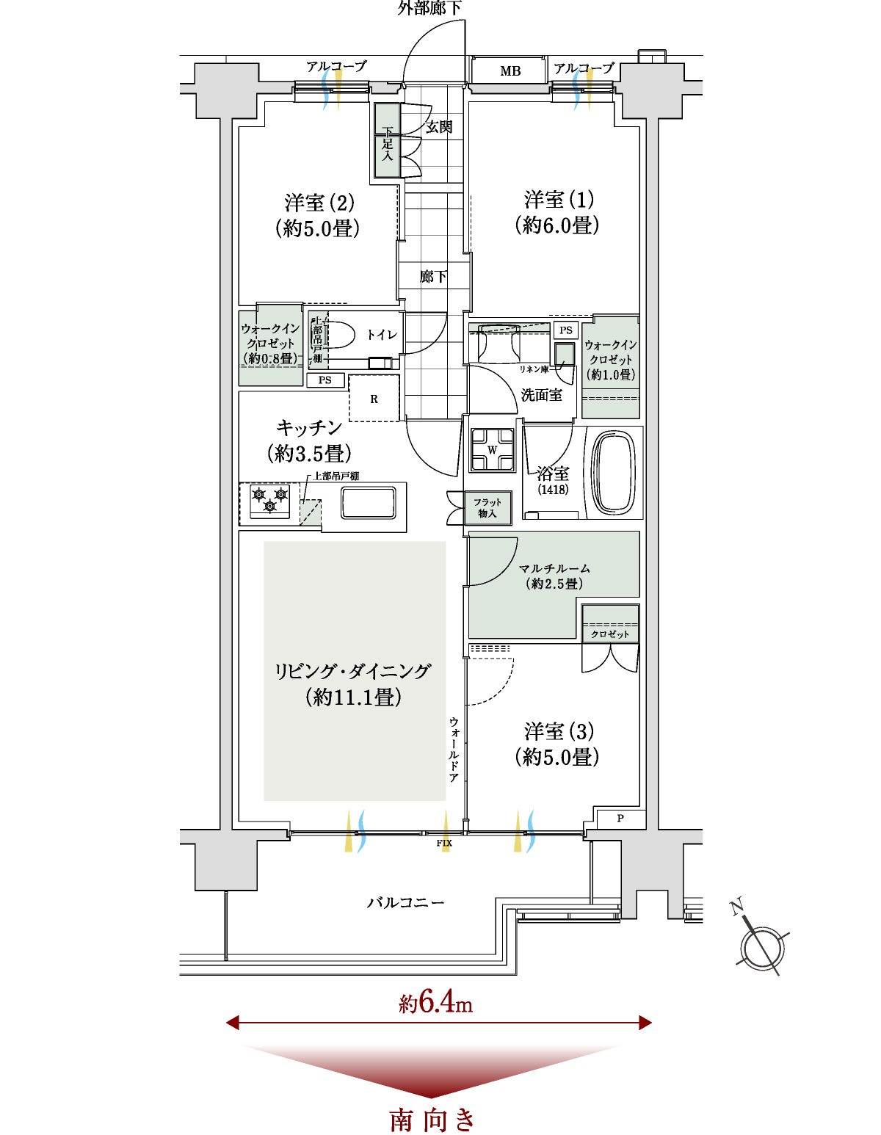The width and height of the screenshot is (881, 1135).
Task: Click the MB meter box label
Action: pyautogui.click(x=510, y=70)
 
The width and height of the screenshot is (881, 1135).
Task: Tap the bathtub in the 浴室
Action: pyautogui.click(x=615, y=472)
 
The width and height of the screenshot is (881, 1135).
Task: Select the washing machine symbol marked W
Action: pyautogui.click(x=492, y=450)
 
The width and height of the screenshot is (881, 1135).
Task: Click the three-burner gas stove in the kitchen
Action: pyautogui.click(x=269, y=501)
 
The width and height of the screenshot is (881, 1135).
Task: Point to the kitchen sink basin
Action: pyautogui.click(x=368, y=502)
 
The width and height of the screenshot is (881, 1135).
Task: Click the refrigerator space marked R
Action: pyautogui.click(x=374, y=398)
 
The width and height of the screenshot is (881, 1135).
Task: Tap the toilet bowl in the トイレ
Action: pyautogui.click(x=338, y=335)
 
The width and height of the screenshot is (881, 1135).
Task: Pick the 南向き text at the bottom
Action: pyautogui.click(x=432, y=1119)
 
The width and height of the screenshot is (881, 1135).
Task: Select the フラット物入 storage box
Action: pyautogui.click(x=487, y=507)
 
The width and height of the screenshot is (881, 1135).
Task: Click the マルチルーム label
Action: pyautogui.click(x=554, y=567)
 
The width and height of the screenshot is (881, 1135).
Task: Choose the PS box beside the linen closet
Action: pyautogui.click(x=565, y=330)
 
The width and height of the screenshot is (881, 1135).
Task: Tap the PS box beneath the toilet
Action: pyautogui.click(x=325, y=380)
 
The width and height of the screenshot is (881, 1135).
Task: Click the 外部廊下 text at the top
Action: pyautogui.click(x=429, y=8)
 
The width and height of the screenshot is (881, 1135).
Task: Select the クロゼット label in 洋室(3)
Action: pyautogui.click(x=609, y=634)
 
